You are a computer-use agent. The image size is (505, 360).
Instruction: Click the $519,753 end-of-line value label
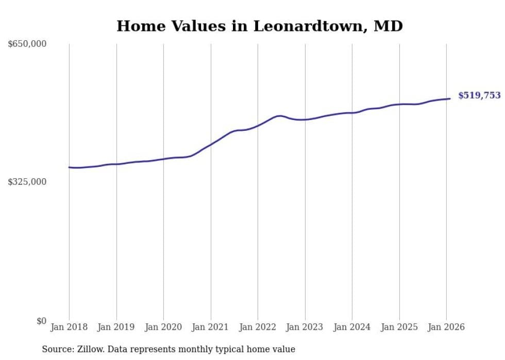click(479, 95)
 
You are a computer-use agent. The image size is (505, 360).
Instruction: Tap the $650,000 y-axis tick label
click(27, 44)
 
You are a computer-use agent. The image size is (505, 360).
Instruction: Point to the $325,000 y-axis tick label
click(27, 182)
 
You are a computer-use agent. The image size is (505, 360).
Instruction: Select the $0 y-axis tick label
click(41, 321)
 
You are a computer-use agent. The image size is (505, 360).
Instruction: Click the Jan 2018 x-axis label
click(69, 327)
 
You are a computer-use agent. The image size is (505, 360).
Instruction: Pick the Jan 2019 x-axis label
click(116, 327)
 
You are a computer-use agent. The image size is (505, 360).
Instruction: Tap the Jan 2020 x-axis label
click(163, 327)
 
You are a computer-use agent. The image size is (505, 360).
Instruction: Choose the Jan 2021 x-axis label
click(211, 327)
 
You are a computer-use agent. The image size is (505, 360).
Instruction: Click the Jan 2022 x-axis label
click(258, 327)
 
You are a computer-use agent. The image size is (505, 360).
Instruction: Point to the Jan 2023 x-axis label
click(305, 327)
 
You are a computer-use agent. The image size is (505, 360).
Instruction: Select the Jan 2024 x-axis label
click(352, 327)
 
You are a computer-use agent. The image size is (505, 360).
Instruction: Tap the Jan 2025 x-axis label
click(399, 327)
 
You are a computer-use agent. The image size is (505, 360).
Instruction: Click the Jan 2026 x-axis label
click(446, 327)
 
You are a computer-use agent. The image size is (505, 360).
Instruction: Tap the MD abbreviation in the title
click(388, 26)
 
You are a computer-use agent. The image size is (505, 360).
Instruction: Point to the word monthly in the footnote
click(199, 349)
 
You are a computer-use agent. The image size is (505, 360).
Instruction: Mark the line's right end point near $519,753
click(450, 98)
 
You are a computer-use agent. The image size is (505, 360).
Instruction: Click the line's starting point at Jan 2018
click(69, 167)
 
